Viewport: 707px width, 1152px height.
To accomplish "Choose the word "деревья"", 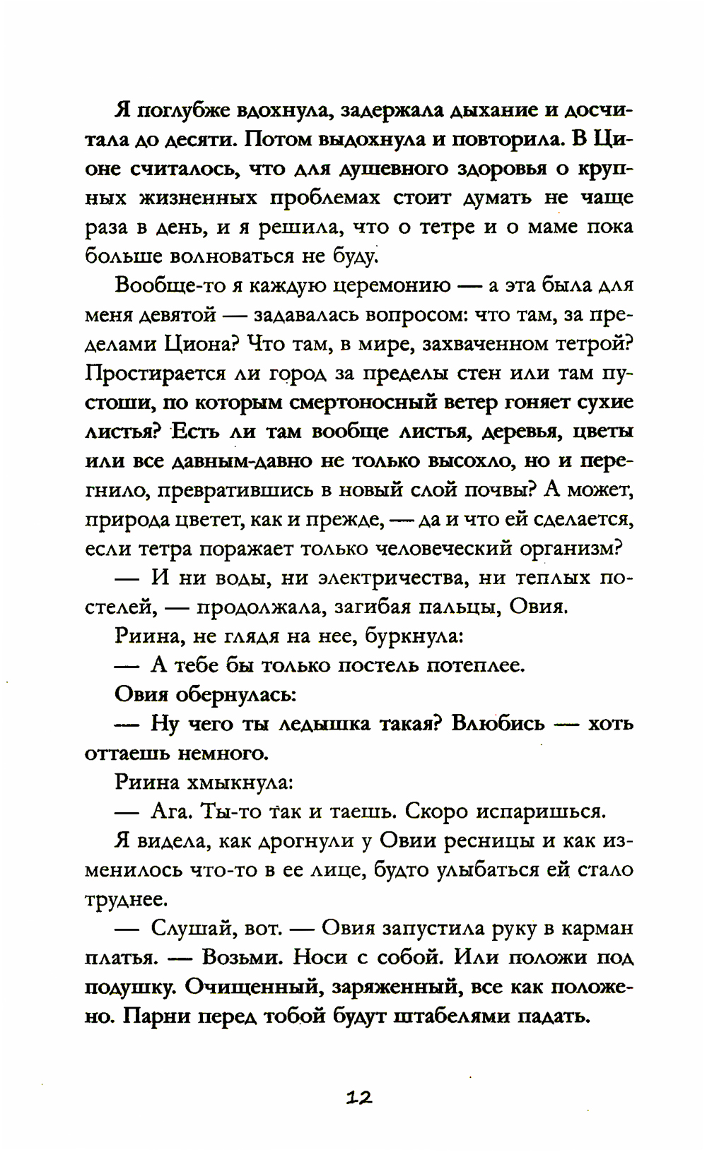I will tap(520, 431).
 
